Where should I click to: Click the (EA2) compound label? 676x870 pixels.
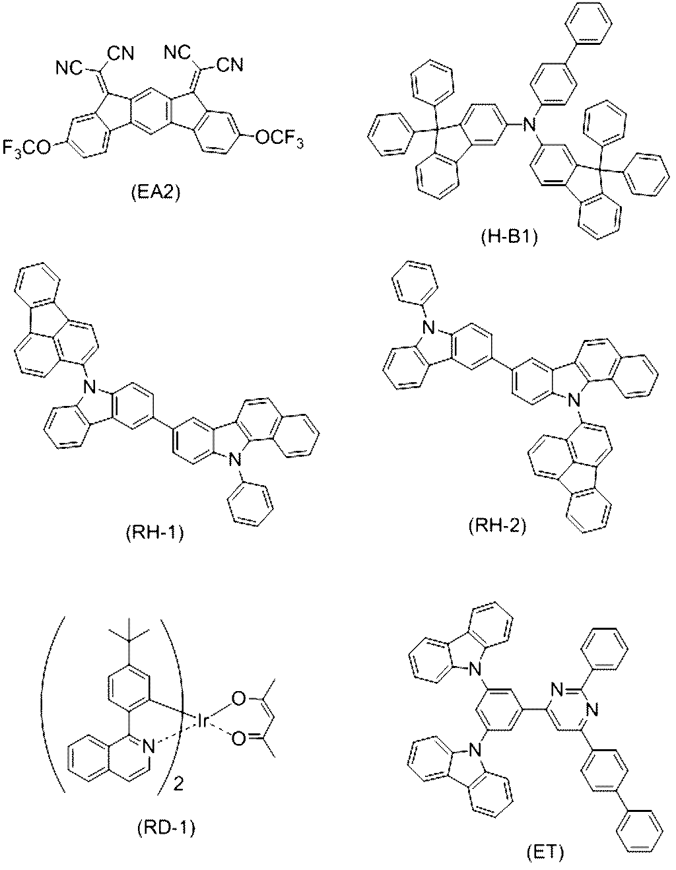coord(151,193)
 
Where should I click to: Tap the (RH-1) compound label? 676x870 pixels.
coord(155,533)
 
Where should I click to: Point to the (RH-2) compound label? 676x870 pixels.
coord(496,525)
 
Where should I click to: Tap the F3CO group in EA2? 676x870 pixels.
coord(27,148)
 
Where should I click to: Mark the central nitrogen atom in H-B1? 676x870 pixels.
coord(529,125)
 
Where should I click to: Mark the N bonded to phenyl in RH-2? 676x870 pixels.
coord(428,329)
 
